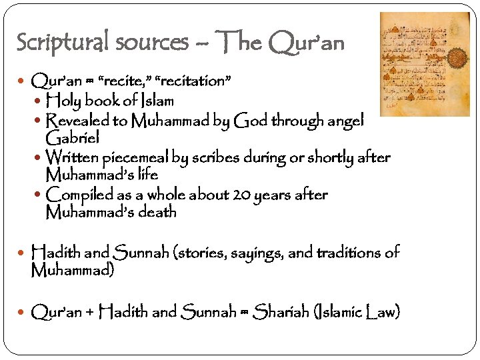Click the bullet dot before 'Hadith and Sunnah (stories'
click(x=24, y=253)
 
